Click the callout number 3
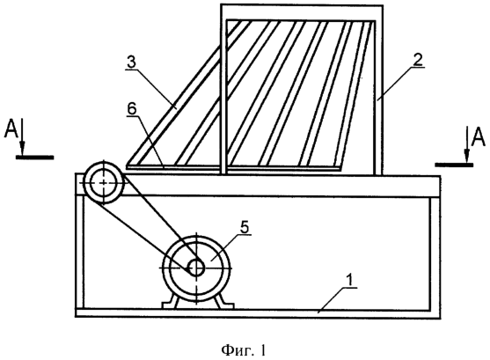(x=132, y=62)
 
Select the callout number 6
(x=132, y=109)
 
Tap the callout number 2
(x=418, y=60)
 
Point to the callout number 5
(x=245, y=228)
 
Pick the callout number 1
(x=350, y=279)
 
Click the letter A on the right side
(x=479, y=137)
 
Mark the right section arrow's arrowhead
(x=466, y=156)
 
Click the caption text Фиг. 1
(x=244, y=350)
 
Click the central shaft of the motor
(x=196, y=268)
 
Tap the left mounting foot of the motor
(x=170, y=302)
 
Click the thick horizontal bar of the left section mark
(x=34, y=157)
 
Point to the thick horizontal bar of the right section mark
(x=454, y=165)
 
